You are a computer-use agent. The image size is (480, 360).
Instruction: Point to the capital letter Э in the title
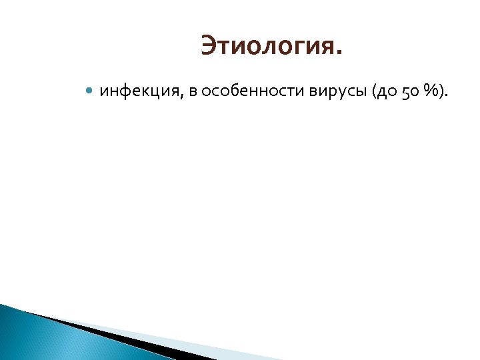click(208, 47)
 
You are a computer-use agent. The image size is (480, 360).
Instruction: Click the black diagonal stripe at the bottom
click(120, 337)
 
